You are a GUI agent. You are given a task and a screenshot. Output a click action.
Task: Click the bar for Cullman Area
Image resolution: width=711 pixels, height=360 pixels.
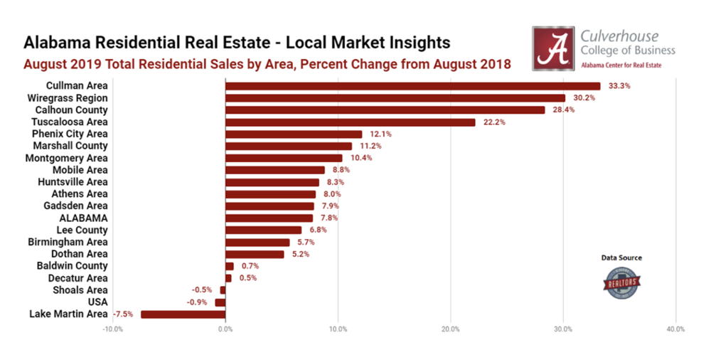pyautogui.click(x=412, y=86)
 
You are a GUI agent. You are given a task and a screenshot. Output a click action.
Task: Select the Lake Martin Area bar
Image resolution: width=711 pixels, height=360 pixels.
pyautogui.click(x=183, y=314)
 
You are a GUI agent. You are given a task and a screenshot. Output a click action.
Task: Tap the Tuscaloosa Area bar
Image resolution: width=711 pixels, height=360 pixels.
pyautogui.click(x=350, y=122)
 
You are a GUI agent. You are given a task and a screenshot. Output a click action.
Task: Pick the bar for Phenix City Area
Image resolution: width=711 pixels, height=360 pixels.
pyautogui.click(x=294, y=134)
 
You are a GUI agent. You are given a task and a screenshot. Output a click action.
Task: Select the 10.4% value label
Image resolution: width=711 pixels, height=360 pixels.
pyautogui.click(x=360, y=158)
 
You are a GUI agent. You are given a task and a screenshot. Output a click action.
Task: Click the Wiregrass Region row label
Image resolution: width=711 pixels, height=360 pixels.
pyautogui.click(x=67, y=97)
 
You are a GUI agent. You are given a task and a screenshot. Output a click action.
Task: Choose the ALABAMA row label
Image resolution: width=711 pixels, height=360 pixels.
pyautogui.click(x=83, y=218)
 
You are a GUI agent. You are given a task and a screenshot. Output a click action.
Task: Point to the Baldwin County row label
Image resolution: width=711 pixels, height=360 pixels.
pyautogui.click(x=73, y=265)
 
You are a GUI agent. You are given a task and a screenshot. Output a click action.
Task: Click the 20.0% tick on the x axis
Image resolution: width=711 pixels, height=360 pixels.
pyautogui.click(x=451, y=329)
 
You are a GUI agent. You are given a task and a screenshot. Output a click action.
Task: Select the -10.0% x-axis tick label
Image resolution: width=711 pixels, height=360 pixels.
pyautogui.click(x=112, y=329)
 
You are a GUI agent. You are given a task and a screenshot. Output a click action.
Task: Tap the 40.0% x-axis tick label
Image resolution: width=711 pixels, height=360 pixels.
pyautogui.click(x=675, y=329)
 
